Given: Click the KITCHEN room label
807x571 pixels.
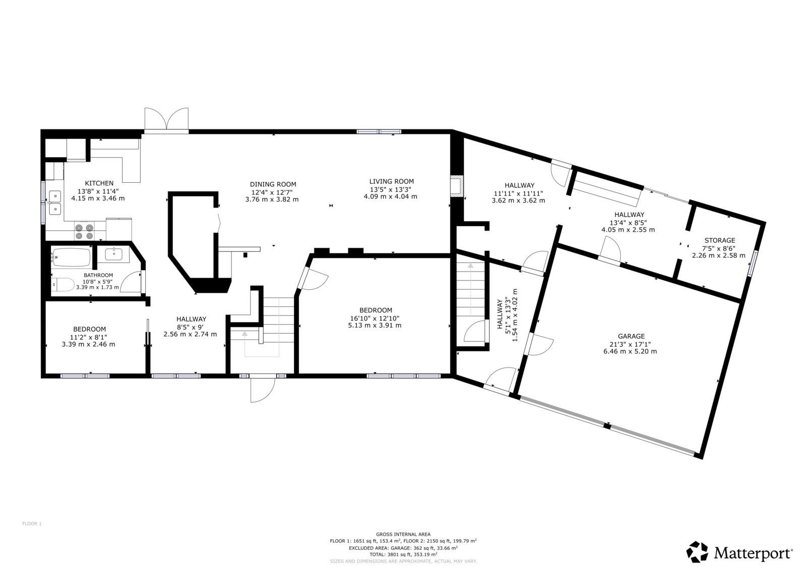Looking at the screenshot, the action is (99, 183).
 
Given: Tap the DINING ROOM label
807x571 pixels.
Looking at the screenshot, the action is (273, 184).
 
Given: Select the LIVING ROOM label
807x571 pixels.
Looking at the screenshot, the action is (391, 181).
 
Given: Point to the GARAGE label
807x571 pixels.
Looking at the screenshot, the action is (630, 336).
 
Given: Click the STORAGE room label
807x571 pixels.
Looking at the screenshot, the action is (720, 240).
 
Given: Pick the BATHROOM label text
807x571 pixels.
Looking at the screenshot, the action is (98, 275).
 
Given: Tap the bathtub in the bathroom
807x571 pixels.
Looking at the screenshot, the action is (71, 257).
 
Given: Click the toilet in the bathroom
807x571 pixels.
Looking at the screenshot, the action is (63, 285).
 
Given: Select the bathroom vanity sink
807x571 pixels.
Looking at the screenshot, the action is (113, 254).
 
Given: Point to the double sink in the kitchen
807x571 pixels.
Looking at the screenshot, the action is (55, 203).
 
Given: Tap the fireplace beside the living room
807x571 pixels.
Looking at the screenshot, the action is (456, 186).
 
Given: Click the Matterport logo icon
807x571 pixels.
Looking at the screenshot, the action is (697, 552).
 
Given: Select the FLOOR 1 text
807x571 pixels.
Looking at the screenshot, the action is (32, 524).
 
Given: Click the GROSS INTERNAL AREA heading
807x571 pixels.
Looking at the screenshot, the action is (403, 535).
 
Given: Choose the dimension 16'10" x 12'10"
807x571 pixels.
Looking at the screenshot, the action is (375, 318).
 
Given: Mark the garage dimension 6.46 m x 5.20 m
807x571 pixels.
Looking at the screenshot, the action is (630, 351).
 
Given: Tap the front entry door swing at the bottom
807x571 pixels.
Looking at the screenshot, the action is (263, 388).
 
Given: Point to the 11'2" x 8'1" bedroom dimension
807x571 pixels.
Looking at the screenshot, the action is (89, 337).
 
